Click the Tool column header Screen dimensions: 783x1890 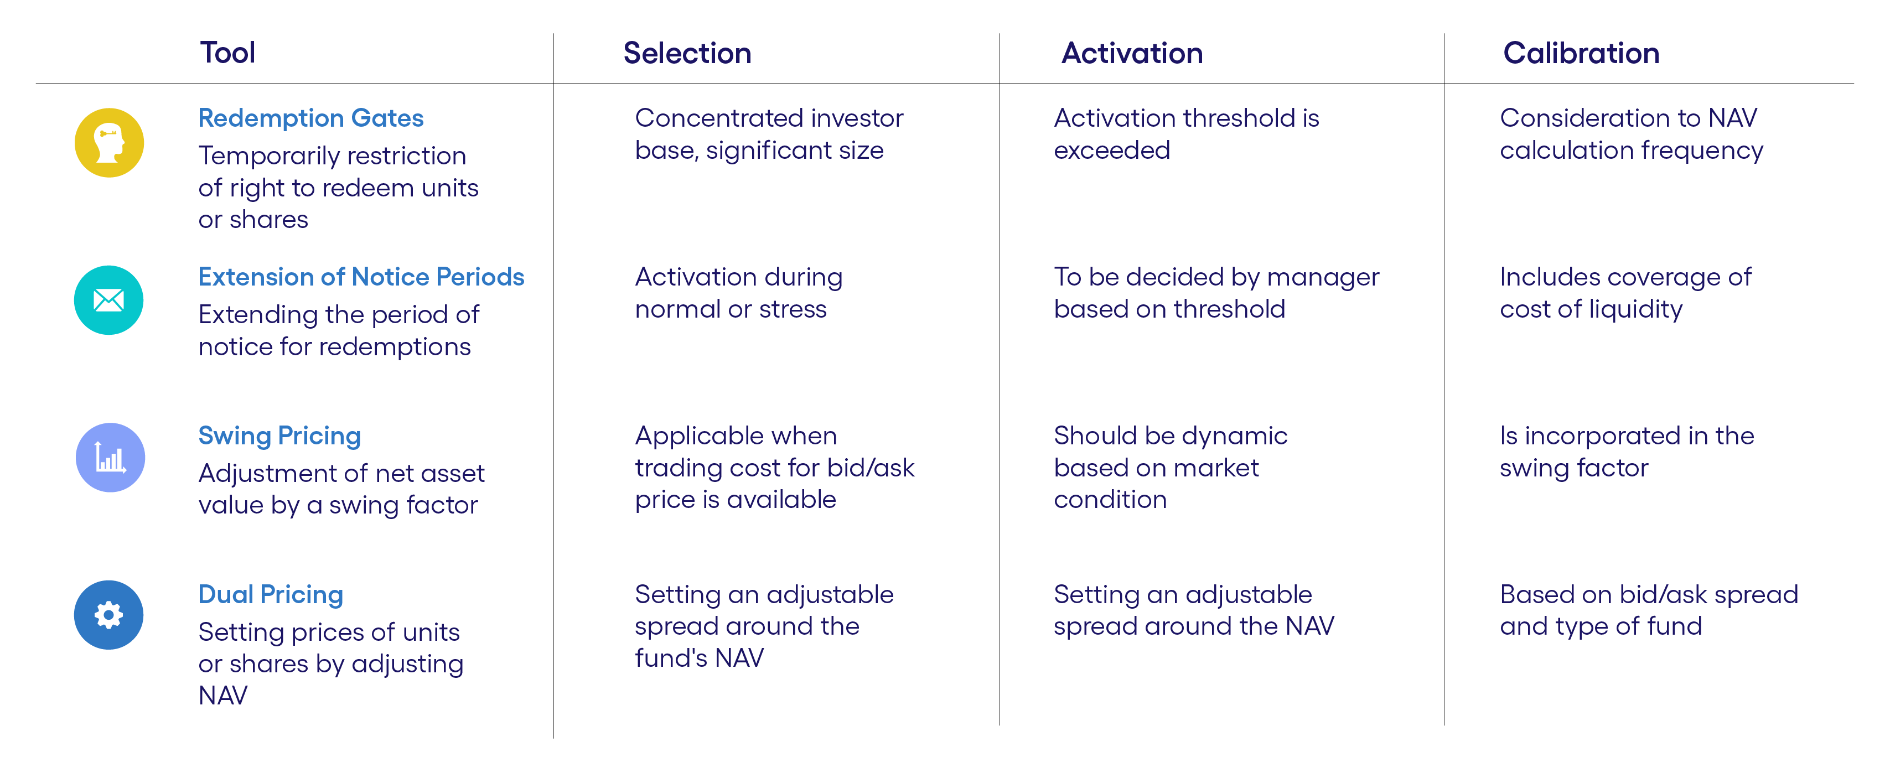(x=227, y=53)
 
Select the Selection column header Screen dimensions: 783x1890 (x=687, y=53)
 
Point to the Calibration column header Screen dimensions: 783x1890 (x=1581, y=53)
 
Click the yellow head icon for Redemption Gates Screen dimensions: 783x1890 (x=110, y=142)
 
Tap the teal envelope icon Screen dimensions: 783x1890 (x=108, y=300)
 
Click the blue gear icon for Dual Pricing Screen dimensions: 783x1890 (x=108, y=615)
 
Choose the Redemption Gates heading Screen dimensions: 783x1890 (x=310, y=118)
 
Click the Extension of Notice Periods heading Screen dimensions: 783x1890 (x=361, y=277)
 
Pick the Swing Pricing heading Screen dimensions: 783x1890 (x=279, y=436)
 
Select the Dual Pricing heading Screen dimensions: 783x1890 (x=271, y=594)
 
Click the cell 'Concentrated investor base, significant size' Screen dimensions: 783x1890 (x=768, y=134)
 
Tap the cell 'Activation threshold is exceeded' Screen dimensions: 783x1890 (x=1185, y=134)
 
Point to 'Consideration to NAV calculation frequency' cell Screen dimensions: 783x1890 (x=1630, y=134)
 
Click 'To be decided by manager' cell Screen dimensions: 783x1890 (x=1216, y=293)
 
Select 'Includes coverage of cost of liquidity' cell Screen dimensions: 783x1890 (x=1625, y=293)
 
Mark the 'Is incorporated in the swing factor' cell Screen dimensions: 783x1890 (x=1626, y=452)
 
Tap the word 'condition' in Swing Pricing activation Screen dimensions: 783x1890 (x=1109, y=500)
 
